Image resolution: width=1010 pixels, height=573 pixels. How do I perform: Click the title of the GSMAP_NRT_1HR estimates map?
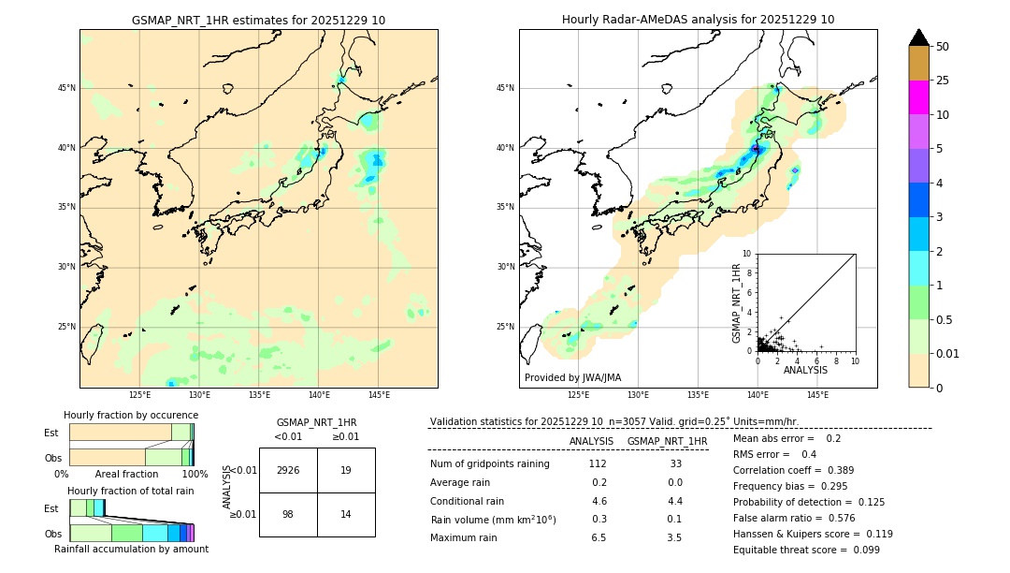coord(258,20)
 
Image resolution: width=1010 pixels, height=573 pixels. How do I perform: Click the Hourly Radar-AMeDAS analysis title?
coord(698,20)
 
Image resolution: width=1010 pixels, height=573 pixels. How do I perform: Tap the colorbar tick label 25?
coord(943,81)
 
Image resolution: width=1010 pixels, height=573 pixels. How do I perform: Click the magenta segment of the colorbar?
coord(918,97)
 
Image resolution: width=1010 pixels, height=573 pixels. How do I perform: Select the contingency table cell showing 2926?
coord(288,470)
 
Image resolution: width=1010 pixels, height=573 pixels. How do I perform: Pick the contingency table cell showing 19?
coord(346,470)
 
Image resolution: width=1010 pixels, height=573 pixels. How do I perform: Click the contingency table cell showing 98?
coord(288,514)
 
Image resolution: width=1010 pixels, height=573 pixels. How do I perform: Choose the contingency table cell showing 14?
coord(346,514)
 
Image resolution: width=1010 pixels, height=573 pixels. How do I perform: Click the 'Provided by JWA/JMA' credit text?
coord(572,378)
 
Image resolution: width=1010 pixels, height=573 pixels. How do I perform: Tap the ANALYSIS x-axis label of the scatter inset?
coord(805,370)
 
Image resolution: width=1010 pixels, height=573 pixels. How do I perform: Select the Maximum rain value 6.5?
coord(599,537)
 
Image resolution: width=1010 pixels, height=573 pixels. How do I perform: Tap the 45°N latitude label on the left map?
coord(66,88)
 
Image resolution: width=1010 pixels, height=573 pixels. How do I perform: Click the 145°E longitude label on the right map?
coord(817,395)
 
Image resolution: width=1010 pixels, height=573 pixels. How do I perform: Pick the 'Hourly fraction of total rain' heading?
coord(131,491)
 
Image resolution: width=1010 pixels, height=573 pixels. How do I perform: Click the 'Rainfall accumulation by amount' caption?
coord(132,550)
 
